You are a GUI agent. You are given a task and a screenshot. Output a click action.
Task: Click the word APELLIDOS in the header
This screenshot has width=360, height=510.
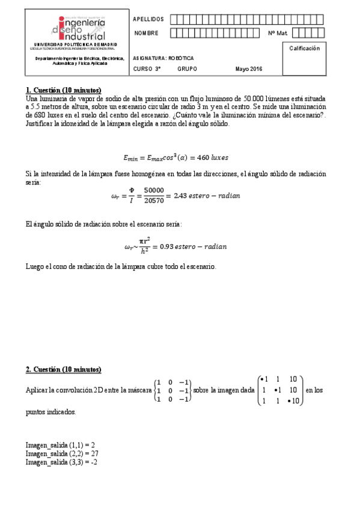pos(147,19)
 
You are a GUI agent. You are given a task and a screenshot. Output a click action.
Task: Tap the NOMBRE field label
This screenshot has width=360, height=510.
pos(146,32)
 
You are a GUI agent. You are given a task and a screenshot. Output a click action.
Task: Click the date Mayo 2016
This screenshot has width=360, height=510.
pos(249,69)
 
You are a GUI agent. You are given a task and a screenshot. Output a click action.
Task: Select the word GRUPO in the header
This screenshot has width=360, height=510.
pos(187,69)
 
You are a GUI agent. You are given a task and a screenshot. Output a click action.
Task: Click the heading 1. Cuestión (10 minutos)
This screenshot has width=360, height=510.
pos(63,90)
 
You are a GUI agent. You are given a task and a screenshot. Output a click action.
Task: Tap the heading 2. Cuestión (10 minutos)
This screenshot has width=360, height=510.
pos(63,369)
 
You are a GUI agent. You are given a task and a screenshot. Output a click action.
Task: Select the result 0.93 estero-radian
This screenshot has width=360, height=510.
pos(199,247)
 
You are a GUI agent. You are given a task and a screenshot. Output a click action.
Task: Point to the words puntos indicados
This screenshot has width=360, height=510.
pos(50,413)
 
